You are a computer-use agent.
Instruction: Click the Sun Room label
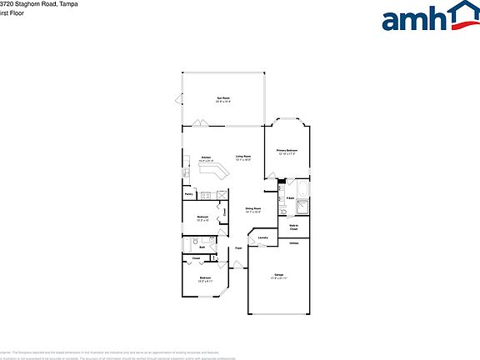(x=223, y=99)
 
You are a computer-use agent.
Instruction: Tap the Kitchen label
(x=206, y=158)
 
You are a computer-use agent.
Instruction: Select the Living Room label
(x=243, y=158)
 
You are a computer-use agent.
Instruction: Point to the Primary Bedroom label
(x=287, y=152)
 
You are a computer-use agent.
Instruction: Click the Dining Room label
(x=252, y=210)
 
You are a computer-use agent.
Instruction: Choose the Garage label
(x=278, y=275)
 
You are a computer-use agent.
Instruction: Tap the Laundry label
(x=262, y=238)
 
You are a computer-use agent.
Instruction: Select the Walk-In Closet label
(x=293, y=226)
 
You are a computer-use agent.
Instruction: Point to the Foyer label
(x=238, y=248)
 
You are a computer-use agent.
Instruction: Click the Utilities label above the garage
(x=293, y=243)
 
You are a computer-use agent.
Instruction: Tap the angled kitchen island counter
(x=215, y=172)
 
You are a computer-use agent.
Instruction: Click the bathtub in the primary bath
(x=303, y=206)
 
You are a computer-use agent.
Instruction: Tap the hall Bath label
(x=202, y=247)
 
